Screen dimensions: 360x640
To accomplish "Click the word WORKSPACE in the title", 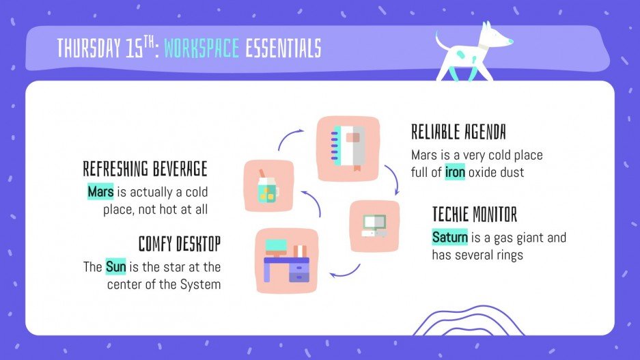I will (201, 48).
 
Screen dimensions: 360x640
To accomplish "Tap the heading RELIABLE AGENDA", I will (458, 132).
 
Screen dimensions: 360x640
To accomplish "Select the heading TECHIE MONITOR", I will (475, 214).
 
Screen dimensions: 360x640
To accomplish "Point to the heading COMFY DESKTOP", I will (180, 244).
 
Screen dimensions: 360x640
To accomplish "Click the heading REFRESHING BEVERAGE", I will (145, 169).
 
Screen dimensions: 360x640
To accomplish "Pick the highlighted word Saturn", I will (449, 238).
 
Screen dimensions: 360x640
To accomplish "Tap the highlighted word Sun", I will (115, 266).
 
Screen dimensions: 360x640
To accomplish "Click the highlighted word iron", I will (455, 172).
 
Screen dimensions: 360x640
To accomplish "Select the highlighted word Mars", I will (100, 191).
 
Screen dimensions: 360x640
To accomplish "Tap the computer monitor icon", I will (374, 225).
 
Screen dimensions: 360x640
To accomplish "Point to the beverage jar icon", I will (268, 186).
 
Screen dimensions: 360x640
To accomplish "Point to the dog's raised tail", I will (440, 41).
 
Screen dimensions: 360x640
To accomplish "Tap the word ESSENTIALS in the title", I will (283, 48).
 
